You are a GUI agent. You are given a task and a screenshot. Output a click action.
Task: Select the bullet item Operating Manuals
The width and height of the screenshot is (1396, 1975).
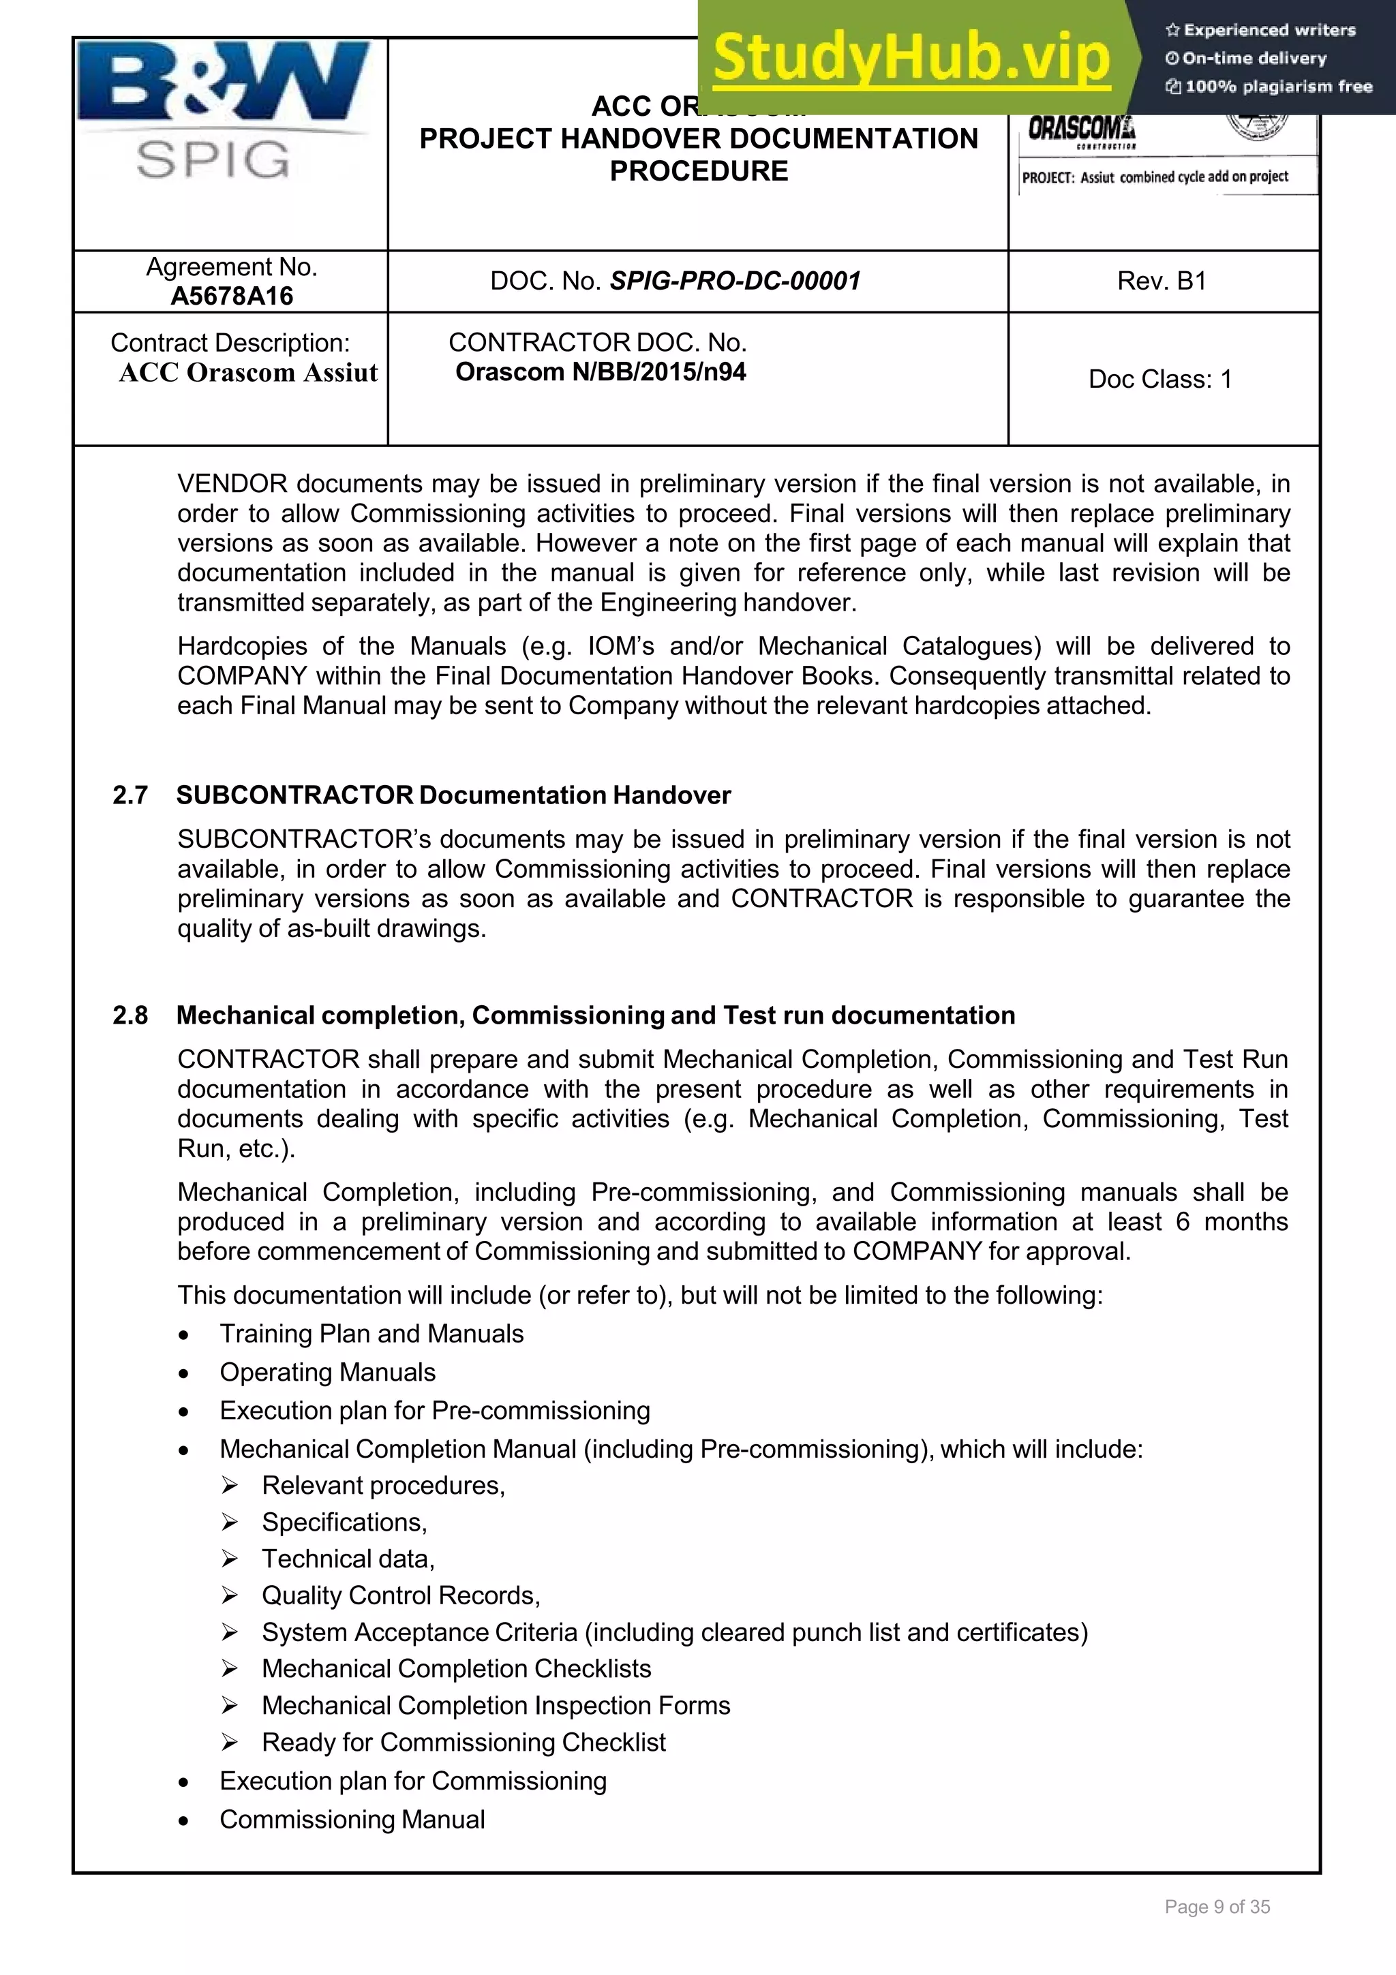(x=327, y=1372)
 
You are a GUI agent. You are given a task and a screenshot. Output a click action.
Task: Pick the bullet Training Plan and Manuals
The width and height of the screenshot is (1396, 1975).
(x=371, y=1333)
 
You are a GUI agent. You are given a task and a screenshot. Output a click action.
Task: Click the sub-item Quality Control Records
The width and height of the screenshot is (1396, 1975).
(x=400, y=1595)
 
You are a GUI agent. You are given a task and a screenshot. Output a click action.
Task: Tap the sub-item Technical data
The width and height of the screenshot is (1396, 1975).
(x=348, y=1559)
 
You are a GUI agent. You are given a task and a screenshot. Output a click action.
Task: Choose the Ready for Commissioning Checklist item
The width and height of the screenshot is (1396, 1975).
(x=463, y=1742)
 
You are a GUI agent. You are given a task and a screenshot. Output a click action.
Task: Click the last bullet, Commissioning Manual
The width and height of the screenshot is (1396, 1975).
(x=352, y=1820)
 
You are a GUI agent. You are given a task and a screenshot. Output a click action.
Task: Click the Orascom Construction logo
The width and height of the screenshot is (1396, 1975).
(x=1081, y=132)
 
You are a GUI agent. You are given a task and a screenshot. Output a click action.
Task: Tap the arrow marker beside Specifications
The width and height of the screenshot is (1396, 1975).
(x=229, y=1522)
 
